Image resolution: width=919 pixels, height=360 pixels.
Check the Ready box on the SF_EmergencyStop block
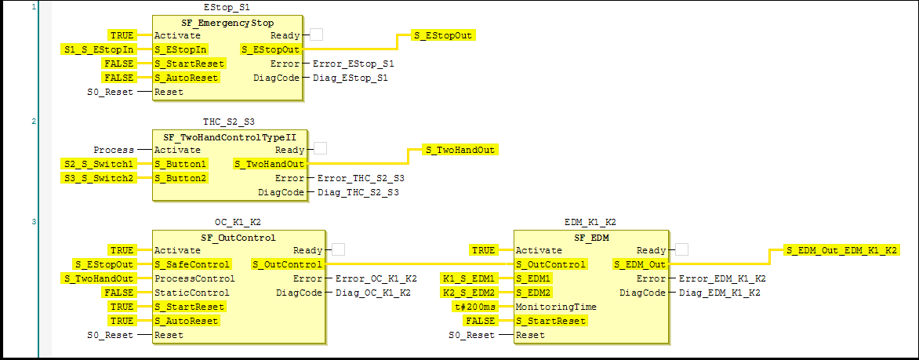(317, 35)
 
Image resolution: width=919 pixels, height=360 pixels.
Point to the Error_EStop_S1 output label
(353, 64)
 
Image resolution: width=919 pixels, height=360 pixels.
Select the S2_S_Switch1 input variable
(98, 164)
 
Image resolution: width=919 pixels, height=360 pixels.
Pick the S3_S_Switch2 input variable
(98, 178)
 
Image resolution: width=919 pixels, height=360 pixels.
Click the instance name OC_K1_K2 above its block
(238, 222)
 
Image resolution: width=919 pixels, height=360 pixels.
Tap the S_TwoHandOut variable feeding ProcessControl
(98, 278)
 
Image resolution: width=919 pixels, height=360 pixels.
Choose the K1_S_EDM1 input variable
(469, 278)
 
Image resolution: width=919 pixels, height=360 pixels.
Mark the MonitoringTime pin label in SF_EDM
(556, 307)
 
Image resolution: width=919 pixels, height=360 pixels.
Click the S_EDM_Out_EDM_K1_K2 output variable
(841, 250)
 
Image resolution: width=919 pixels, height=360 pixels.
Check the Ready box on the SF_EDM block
(682, 249)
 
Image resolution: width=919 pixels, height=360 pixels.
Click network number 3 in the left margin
(34, 222)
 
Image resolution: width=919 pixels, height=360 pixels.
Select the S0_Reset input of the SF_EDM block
(471, 335)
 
